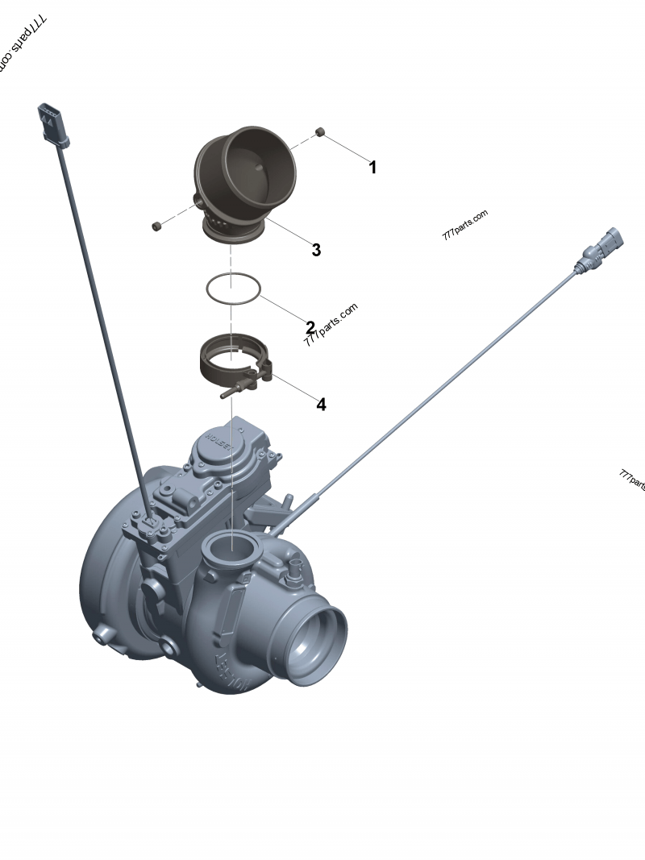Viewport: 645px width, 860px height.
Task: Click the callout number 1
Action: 372,168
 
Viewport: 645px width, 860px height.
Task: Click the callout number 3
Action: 316,250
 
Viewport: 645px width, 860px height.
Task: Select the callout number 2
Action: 310,327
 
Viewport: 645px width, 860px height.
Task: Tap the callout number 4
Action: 321,405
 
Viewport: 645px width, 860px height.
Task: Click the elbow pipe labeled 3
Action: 242,181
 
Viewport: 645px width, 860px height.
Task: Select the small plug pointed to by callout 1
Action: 320,132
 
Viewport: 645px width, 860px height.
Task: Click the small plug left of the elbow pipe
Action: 156,226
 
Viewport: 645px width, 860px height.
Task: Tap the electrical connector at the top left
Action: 50,125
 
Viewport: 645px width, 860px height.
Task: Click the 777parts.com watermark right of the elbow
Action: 465,225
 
